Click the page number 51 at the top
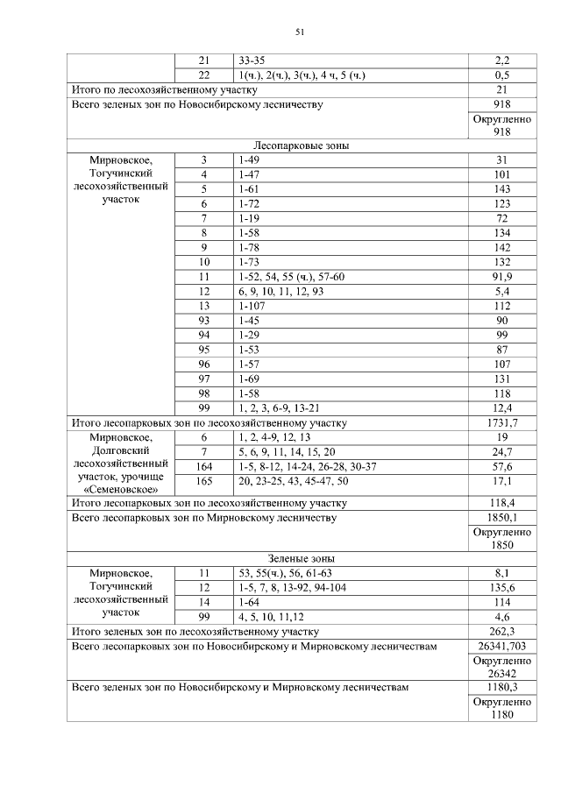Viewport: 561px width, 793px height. point(298,32)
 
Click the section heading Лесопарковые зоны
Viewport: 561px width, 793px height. point(300,145)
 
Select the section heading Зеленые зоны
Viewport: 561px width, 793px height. point(300,558)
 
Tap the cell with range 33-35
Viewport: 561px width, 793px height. point(252,60)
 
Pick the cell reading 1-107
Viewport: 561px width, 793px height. point(252,306)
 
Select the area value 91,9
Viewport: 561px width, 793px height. point(502,276)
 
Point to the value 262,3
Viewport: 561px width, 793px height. point(502,631)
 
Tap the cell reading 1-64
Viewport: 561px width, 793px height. point(250,602)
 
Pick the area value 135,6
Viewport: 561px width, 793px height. point(502,587)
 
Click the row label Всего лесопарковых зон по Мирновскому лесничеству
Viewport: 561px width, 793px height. point(203,518)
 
